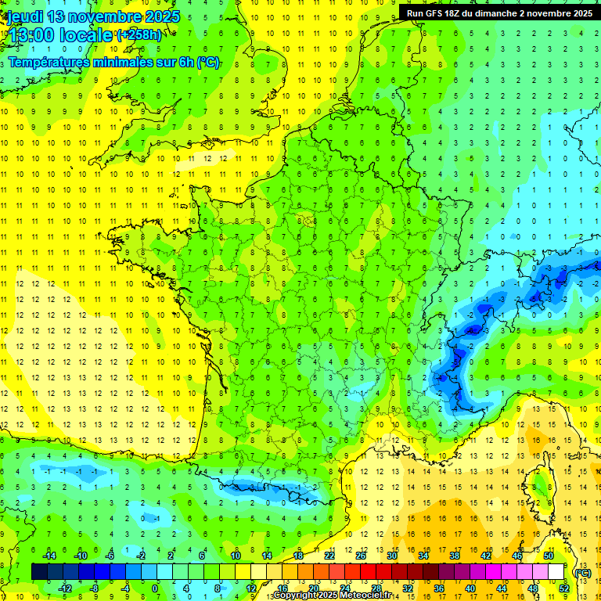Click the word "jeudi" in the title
click(24, 16)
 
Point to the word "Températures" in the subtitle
click(48, 63)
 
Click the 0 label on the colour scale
click(155, 588)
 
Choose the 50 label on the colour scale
click(548, 556)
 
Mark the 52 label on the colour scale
click(563, 588)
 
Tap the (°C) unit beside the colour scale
click(582, 572)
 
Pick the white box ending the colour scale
click(556, 572)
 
